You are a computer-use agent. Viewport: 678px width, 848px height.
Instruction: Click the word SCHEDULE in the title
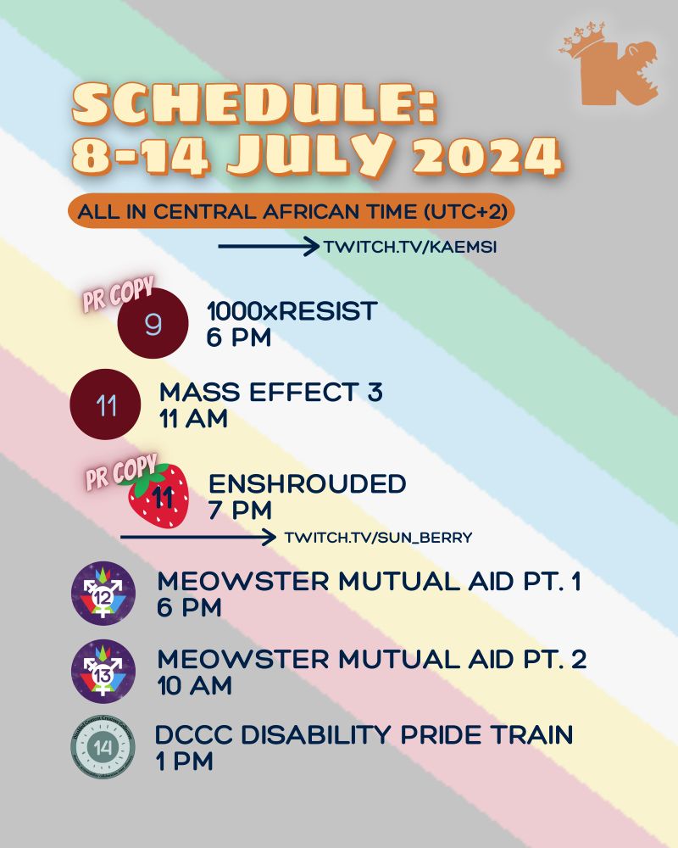pos(254,108)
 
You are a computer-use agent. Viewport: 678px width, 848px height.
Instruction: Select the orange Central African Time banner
pos(292,212)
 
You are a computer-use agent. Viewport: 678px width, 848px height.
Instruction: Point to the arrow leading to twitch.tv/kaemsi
pos(268,248)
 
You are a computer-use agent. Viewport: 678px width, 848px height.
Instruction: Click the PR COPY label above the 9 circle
pos(116,293)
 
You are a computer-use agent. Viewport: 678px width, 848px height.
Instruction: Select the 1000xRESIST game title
pos(292,312)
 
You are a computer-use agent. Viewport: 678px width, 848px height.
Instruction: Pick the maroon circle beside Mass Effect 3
pos(106,406)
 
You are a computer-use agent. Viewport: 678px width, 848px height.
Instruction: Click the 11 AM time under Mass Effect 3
pos(193,419)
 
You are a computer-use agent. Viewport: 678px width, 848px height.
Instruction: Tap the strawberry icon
pos(158,495)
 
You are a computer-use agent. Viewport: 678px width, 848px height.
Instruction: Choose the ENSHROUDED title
pos(307,484)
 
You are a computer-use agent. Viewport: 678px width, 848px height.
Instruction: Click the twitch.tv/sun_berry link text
pos(378,538)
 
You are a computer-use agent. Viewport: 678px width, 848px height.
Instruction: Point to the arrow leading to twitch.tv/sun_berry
pos(198,538)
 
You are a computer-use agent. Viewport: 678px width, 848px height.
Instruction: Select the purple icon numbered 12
pos(103,594)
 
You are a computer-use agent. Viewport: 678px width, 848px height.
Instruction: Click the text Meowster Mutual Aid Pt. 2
pos(372,659)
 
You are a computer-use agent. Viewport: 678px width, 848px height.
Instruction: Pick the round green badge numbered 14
pos(103,747)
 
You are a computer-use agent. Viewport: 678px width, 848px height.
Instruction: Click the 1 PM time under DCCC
pos(184,761)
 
